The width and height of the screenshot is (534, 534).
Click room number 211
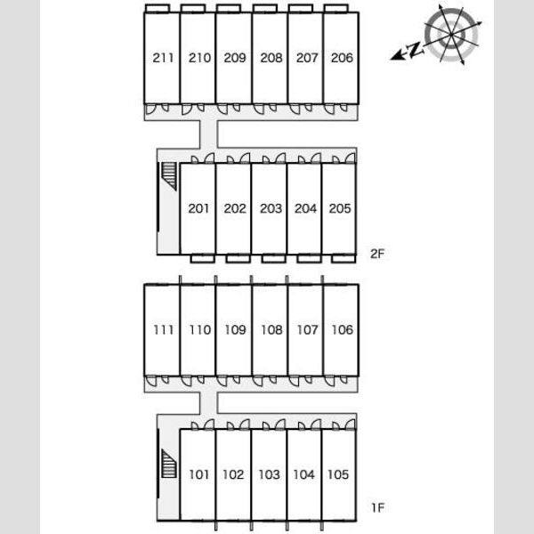(163, 58)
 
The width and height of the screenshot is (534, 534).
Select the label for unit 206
(342, 58)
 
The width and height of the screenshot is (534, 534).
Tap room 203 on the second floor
(271, 208)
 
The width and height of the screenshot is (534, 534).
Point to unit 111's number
(164, 329)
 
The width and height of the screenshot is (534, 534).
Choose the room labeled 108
(271, 329)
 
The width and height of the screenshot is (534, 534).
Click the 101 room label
(198, 474)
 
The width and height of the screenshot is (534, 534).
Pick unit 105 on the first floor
(338, 474)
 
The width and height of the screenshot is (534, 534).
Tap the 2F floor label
(377, 254)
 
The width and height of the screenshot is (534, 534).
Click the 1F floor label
(377, 508)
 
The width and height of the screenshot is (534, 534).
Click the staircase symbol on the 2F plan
(169, 175)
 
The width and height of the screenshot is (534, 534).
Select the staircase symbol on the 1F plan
(169, 464)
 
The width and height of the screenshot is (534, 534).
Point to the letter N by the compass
(415, 50)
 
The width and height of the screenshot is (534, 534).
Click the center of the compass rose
(451, 34)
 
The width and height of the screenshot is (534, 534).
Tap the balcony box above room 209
(229, 8)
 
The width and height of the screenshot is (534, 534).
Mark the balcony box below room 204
(309, 258)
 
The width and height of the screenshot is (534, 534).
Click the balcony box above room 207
(301, 8)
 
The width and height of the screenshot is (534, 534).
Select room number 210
(199, 58)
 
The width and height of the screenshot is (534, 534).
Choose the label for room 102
(233, 474)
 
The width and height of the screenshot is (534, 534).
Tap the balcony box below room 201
(202, 258)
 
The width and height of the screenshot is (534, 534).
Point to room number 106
(343, 329)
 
